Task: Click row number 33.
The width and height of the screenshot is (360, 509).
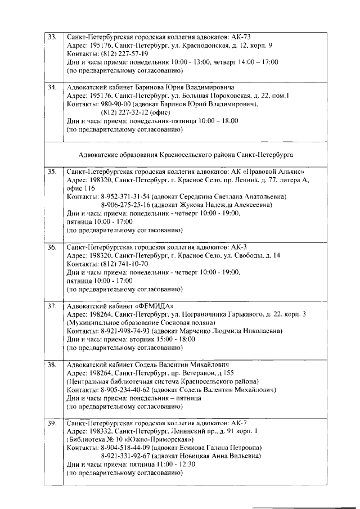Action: pyautogui.click(x=52, y=37)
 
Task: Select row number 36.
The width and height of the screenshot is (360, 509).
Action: pyautogui.click(x=52, y=247)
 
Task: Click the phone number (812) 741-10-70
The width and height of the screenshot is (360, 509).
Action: pyautogui.click(x=125, y=264)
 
